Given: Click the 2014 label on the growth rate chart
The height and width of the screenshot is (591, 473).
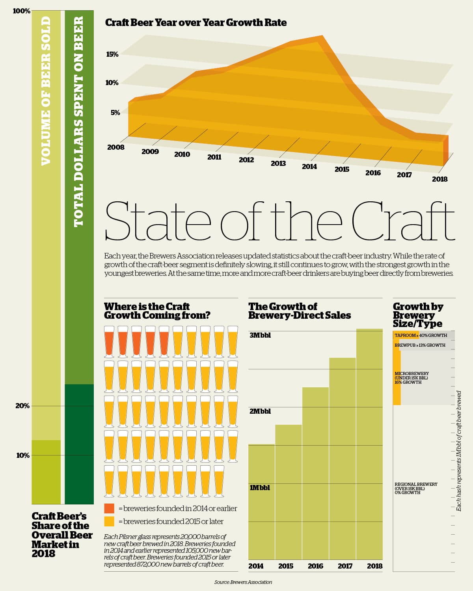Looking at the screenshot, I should click(x=309, y=167).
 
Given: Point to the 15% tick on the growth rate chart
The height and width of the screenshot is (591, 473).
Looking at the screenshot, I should click(x=112, y=54).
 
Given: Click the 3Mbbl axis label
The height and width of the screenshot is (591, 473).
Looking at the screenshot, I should click(x=260, y=335).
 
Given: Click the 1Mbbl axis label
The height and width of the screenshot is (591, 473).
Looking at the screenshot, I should click(x=260, y=488).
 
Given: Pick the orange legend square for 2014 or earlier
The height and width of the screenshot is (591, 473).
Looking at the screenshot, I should click(x=109, y=508).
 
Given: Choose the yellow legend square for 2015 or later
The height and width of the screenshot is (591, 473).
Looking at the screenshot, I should click(x=109, y=521).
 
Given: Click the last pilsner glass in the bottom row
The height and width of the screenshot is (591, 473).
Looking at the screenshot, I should click(x=219, y=481).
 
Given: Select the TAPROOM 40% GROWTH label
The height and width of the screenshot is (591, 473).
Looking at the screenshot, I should click(x=421, y=335).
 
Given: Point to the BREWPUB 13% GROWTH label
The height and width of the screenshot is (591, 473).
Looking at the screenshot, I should click(x=420, y=345).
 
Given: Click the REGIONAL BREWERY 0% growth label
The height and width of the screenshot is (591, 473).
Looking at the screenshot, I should click(x=416, y=488).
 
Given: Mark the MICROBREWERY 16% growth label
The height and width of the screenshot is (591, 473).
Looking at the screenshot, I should click(x=412, y=378).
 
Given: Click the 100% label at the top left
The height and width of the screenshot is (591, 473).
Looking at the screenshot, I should click(x=21, y=11).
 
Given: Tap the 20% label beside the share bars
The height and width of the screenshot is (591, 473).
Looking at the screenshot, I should click(x=22, y=406).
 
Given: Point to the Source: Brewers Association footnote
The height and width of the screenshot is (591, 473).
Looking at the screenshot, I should click(x=243, y=582).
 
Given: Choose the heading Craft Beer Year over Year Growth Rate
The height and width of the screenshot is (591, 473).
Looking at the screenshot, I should click(x=196, y=23).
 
